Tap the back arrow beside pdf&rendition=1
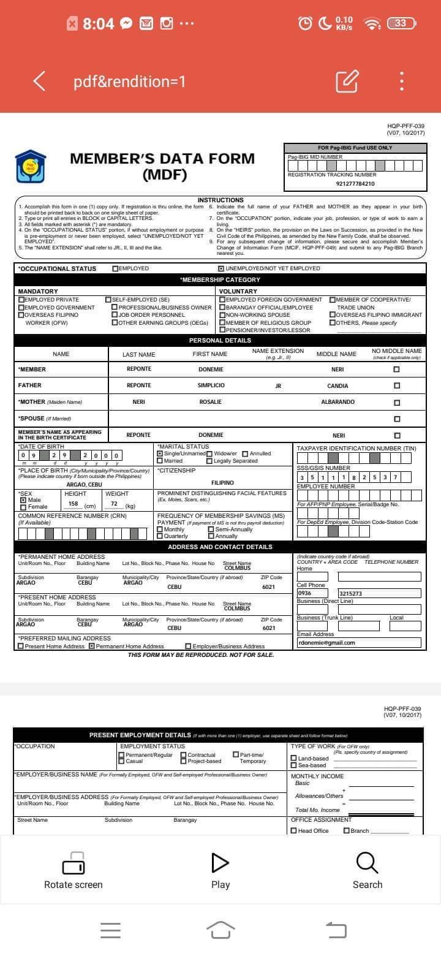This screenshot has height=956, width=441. [40, 81]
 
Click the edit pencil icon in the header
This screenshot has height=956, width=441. [347, 81]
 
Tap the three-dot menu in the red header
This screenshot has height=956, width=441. [401, 81]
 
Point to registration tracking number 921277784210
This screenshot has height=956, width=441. [355, 184]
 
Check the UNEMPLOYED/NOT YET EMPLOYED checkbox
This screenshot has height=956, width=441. [221, 268]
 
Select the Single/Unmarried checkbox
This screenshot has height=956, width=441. [160, 454]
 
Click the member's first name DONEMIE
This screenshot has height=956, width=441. [211, 370]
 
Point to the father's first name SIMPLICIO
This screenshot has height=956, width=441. [211, 385]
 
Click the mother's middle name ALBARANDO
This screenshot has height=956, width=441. [337, 402]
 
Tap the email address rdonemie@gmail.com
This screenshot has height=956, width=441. [326, 643]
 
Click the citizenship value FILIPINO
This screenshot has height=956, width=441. [222, 483]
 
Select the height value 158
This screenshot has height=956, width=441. [73, 504]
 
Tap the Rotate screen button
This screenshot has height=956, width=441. [73, 870]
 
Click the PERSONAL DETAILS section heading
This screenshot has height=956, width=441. [220, 340]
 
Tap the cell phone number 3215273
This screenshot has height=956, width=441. [350, 594]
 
